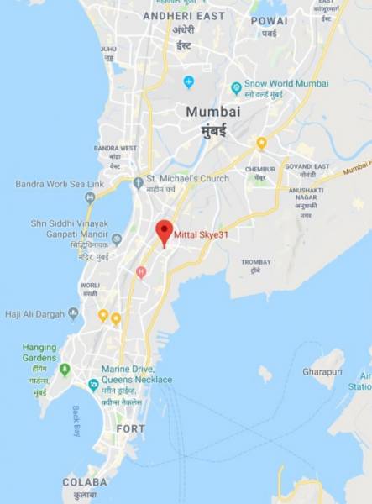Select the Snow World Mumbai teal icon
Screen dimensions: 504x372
tap(237, 87)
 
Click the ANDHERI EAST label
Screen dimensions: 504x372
tap(183, 15)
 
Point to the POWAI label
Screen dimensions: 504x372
tap(269, 20)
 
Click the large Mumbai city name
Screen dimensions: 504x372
tap(213, 112)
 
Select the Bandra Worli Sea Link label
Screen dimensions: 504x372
tap(59, 184)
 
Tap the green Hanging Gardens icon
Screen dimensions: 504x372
tap(65, 369)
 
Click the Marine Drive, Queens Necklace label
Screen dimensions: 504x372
tap(137, 375)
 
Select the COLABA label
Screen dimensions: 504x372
tap(85, 482)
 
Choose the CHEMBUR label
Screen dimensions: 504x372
tap(260, 169)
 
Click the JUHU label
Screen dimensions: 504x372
tap(108, 49)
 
